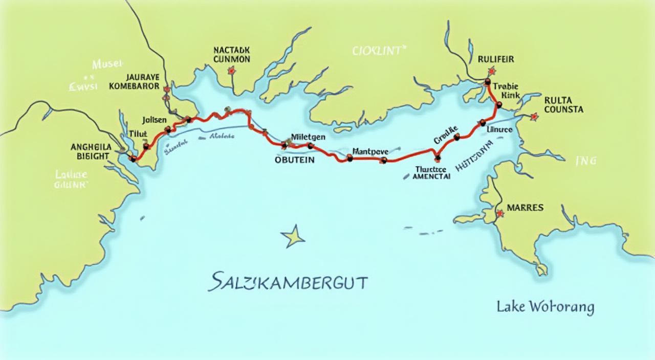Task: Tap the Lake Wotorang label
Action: (545, 307)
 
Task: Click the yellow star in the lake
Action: (292, 236)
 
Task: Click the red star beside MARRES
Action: (499, 213)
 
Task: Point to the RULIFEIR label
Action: (496, 59)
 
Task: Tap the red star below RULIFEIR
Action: (492, 71)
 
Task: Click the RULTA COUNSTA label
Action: (564, 105)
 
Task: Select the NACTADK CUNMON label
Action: (232, 55)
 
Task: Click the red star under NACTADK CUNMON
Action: (231, 71)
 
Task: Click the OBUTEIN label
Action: (294, 160)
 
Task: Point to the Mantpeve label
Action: (370, 151)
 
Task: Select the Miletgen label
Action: (309, 137)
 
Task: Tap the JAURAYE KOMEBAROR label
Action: (135, 82)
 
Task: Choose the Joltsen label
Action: (154, 120)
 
